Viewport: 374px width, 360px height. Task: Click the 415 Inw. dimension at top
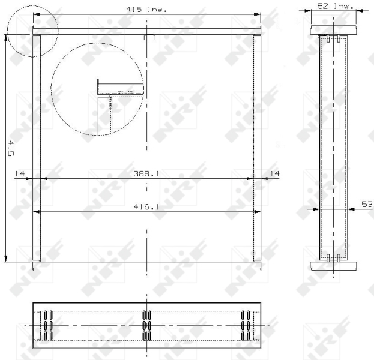click(x=146, y=10)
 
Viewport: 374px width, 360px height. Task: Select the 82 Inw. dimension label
click(x=334, y=5)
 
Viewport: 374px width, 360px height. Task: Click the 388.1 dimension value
click(x=147, y=173)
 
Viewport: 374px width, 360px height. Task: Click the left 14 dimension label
click(x=19, y=173)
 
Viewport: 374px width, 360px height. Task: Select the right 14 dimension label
click(x=274, y=173)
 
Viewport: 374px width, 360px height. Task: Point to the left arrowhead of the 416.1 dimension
click(x=35, y=211)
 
